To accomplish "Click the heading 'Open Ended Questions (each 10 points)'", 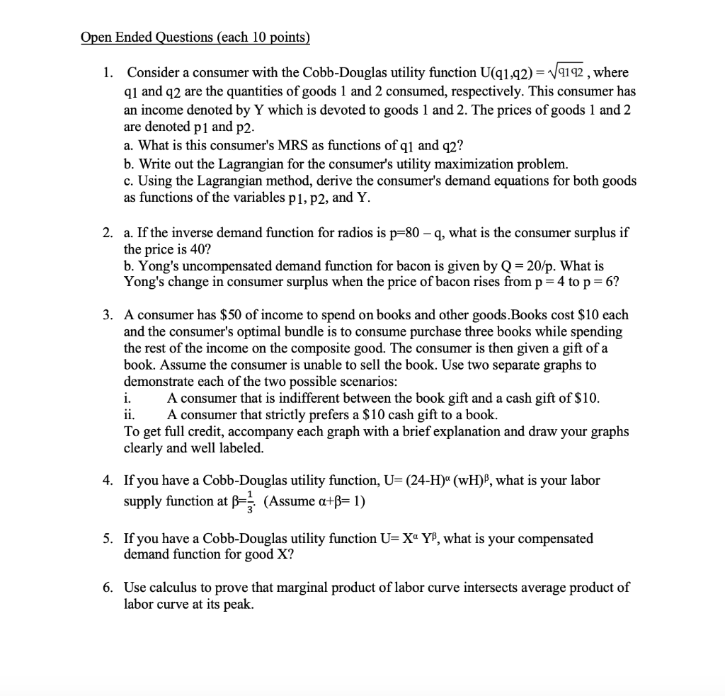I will (x=195, y=38).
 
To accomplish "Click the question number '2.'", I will (x=107, y=232).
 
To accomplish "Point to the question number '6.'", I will (x=107, y=588).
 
